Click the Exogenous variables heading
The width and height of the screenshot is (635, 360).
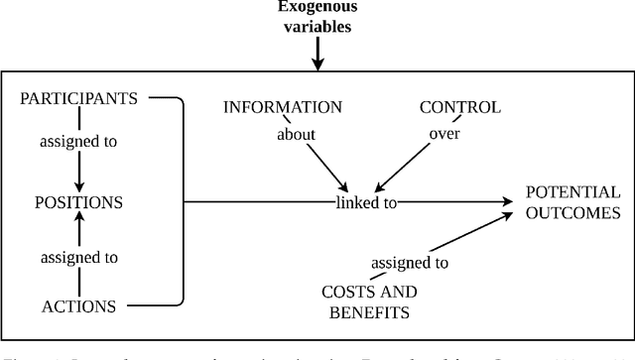pos(317,18)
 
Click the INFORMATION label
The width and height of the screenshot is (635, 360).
pos(283,107)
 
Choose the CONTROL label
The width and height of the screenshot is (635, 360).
pos(459,107)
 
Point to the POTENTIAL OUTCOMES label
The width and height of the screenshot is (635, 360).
pos(572,202)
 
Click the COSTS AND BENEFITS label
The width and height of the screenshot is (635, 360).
pos(369,301)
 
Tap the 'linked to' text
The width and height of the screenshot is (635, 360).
pos(368,203)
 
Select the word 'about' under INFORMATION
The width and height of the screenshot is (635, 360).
pos(297,134)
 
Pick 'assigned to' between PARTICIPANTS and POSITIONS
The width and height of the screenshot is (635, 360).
pos(79,141)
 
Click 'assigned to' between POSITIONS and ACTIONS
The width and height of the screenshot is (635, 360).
pos(79,257)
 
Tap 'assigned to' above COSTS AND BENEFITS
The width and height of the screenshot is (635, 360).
pos(410,263)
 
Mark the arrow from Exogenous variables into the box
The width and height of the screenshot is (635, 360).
pos(317,55)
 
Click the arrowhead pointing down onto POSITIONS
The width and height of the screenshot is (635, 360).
pos(79,184)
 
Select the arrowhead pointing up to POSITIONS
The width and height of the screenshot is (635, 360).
pos(79,220)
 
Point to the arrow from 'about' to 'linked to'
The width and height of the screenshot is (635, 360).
pos(327,166)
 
